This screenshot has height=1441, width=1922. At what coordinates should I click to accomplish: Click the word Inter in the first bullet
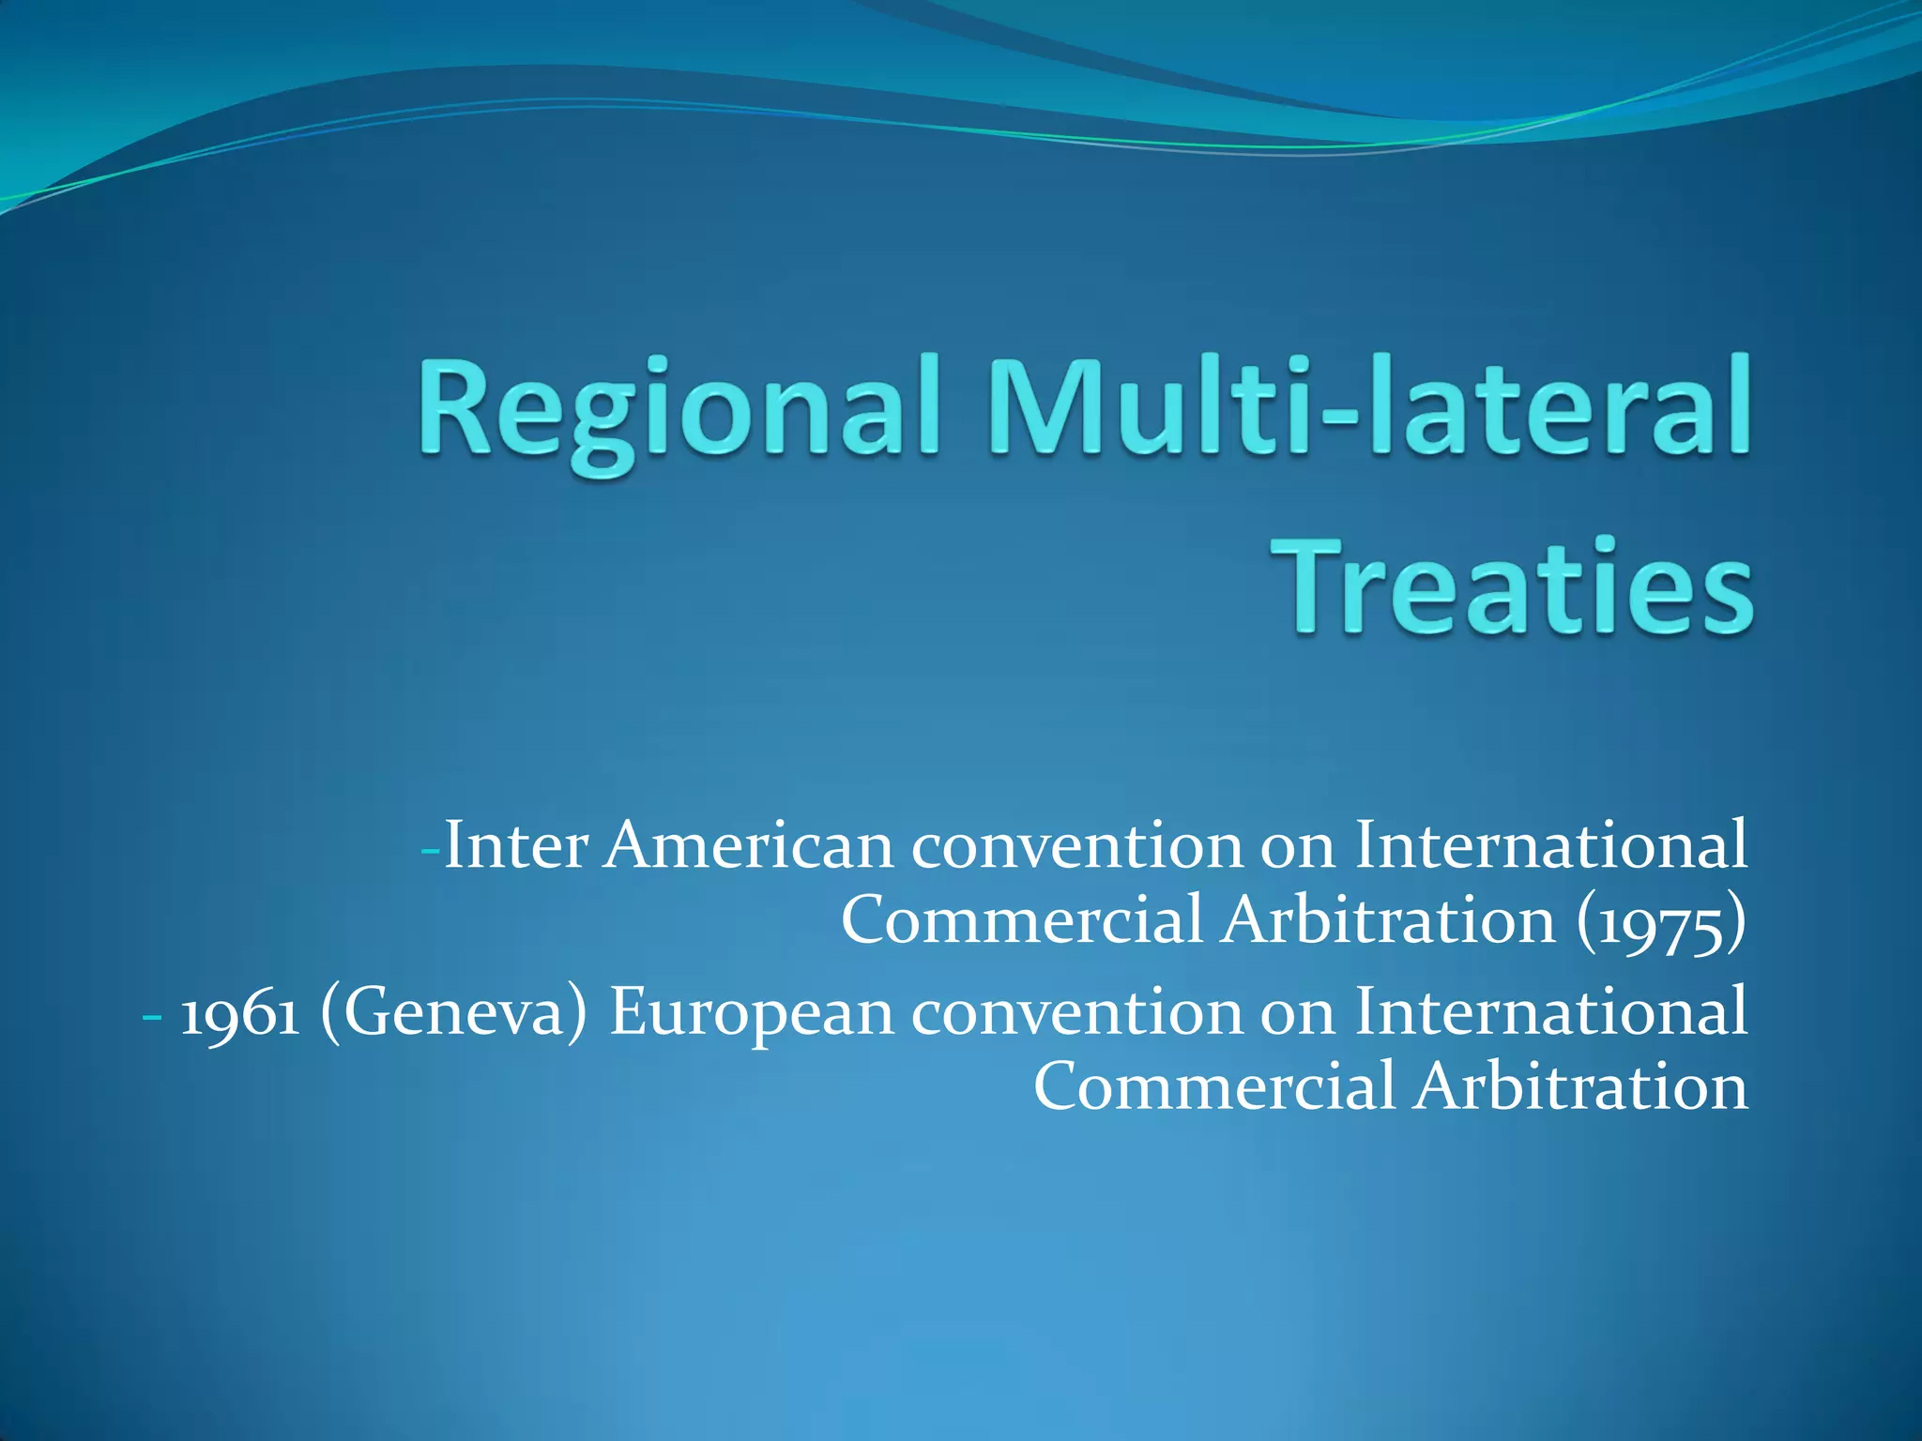(x=515, y=845)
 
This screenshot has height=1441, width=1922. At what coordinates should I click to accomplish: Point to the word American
(x=748, y=845)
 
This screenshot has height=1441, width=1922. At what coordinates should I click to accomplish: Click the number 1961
(x=239, y=1013)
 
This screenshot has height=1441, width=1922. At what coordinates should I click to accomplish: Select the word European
(x=751, y=1013)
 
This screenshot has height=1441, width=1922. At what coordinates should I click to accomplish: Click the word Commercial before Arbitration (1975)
(x=1021, y=920)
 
